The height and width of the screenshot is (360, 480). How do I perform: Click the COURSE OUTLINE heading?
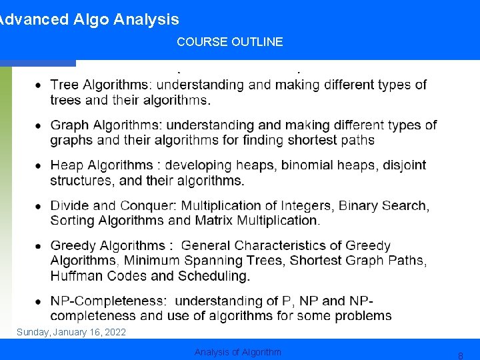coord(229,42)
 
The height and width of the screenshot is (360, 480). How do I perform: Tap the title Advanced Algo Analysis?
coord(89,19)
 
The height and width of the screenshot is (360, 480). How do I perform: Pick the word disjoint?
coord(405,165)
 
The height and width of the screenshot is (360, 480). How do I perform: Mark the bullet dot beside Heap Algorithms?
coord(39,165)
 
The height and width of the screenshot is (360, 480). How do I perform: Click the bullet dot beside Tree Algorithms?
coord(39,85)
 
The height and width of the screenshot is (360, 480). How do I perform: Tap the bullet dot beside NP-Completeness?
coord(39,301)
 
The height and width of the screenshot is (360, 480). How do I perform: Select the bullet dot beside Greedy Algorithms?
coord(39,246)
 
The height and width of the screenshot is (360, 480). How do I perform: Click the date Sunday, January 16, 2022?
coord(71,332)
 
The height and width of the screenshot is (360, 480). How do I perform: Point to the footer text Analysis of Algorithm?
coord(238,352)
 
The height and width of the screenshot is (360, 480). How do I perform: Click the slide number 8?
coord(460,356)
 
